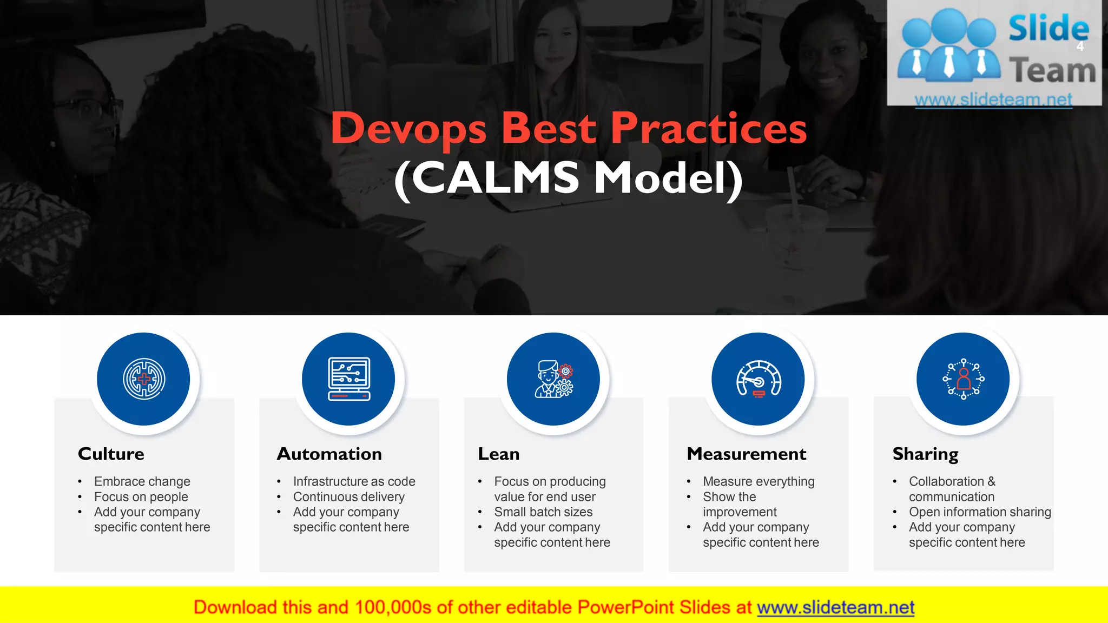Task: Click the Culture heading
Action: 111,454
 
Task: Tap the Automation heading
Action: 329,454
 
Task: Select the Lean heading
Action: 498,454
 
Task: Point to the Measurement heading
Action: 746,454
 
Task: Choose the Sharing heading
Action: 925,454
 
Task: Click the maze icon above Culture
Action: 143,379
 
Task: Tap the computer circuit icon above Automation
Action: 349,379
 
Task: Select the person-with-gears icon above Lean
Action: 553,379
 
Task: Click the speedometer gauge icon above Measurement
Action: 758,379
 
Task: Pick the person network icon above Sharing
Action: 963,379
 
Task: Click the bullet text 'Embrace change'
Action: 142,481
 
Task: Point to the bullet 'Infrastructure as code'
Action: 354,481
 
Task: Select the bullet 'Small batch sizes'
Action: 543,512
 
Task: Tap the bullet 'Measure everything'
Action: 758,481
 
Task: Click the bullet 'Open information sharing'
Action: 979,512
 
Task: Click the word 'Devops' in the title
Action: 408,129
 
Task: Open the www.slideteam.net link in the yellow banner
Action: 835,607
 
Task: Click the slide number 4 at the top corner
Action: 1080,47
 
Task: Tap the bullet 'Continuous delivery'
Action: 348,496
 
